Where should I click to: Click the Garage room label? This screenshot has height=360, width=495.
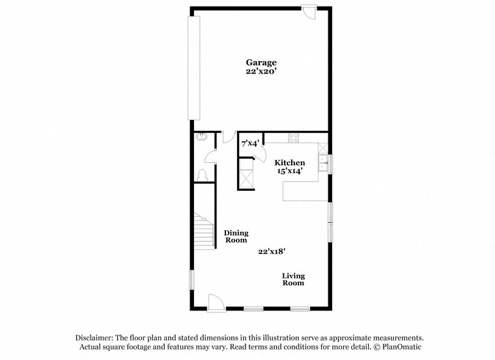coord(261,62)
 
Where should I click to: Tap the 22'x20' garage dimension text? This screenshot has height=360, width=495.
coord(261,72)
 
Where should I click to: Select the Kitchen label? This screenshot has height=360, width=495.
coord(289,163)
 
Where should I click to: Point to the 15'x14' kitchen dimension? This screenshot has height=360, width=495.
coord(289,172)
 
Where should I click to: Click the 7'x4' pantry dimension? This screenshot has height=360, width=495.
coord(250,143)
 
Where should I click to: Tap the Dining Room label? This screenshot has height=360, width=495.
coord(236,236)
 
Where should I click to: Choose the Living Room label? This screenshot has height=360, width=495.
coord(293,279)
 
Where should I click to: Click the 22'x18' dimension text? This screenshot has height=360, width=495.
coord(272,251)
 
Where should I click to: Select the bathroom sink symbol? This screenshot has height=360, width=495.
coord(201,137)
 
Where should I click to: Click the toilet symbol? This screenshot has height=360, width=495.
coord(201,174)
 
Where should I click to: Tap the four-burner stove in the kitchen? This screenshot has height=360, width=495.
coord(293,137)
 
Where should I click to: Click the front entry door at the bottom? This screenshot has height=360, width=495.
coord(215,302)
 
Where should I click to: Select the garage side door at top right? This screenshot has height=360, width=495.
coord(309,10)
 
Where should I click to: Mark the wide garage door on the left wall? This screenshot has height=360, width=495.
coord(193,68)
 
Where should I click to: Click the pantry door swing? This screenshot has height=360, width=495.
coord(259,155)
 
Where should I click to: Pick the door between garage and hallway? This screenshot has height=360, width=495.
coord(228,136)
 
